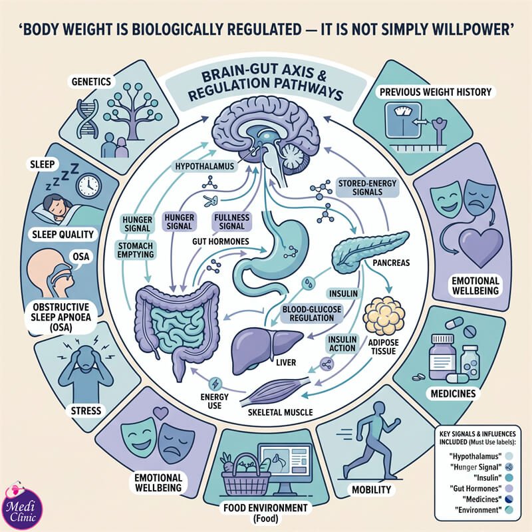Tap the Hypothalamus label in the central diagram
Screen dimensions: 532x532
(205, 166)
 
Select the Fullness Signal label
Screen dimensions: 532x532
(231, 221)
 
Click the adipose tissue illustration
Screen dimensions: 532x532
(384, 316)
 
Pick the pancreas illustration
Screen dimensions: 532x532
(369, 251)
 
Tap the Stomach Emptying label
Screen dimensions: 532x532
(136, 250)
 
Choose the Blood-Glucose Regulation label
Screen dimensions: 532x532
(311, 313)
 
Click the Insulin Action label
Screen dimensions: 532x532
(342, 344)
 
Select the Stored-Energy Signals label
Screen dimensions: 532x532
(367, 188)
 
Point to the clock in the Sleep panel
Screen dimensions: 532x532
(88, 186)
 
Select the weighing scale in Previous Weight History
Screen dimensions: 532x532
(403, 120)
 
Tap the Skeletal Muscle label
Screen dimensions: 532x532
(280, 412)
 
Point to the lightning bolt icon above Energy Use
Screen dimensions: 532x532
(215, 384)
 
